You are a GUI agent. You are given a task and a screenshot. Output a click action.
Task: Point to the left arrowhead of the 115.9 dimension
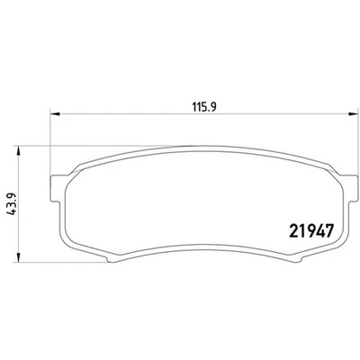click(52, 113)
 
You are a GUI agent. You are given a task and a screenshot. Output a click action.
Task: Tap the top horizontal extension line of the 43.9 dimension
click(45, 147)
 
